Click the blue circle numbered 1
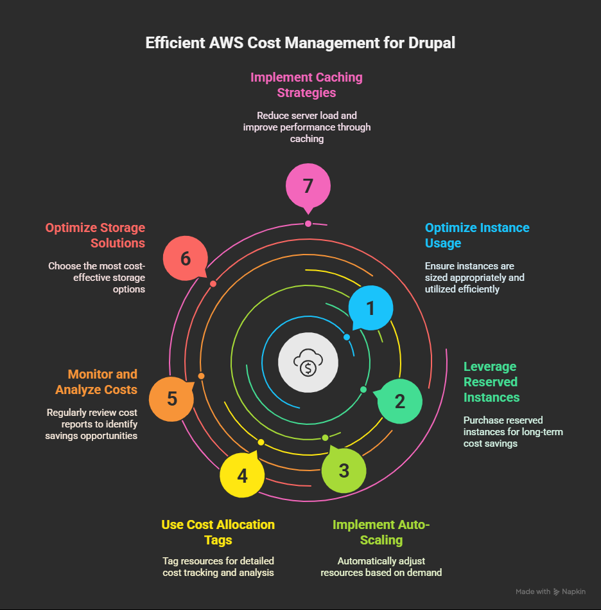(x=370, y=309)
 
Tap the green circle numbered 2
(x=400, y=402)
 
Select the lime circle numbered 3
(x=344, y=470)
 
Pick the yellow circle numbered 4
(x=242, y=476)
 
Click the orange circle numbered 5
(x=171, y=399)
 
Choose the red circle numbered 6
(x=186, y=258)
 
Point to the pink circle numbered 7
(x=308, y=186)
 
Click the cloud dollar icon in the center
(x=308, y=363)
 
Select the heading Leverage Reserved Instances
(x=491, y=382)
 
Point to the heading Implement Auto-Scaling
(x=381, y=532)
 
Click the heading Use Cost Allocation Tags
(x=218, y=532)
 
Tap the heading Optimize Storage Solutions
(x=95, y=235)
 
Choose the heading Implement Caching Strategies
(x=306, y=85)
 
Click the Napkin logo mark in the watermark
(x=557, y=591)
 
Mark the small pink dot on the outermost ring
(x=308, y=224)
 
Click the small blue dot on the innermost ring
(x=347, y=337)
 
